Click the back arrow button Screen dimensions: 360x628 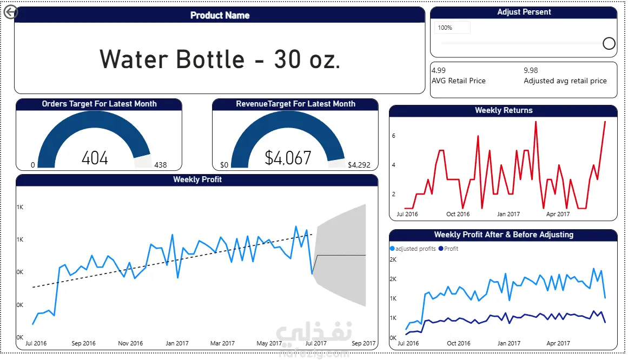click(10, 12)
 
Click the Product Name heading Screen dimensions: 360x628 click(220, 15)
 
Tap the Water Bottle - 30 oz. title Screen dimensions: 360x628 click(220, 58)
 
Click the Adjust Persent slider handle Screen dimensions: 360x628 click(609, 43)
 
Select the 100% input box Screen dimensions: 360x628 click(452, 28)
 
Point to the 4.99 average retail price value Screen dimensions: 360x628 click(439, 70)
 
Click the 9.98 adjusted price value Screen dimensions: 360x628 click(531, 70)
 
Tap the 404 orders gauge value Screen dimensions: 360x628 click(95, 158)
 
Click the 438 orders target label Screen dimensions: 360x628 click(161, 165)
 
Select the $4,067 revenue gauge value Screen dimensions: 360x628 click(288, 158)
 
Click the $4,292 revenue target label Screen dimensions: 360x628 click(359, 165)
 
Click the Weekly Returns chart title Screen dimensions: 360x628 click(504, 110)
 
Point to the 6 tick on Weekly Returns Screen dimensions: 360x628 click(394, 136)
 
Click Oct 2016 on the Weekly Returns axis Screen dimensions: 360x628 click(458, 214)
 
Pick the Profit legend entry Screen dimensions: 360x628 click(450, 249)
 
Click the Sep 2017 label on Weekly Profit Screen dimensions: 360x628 click(363, 343)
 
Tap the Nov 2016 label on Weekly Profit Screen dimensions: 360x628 click(130, 343)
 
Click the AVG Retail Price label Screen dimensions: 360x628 click(458, 81)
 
